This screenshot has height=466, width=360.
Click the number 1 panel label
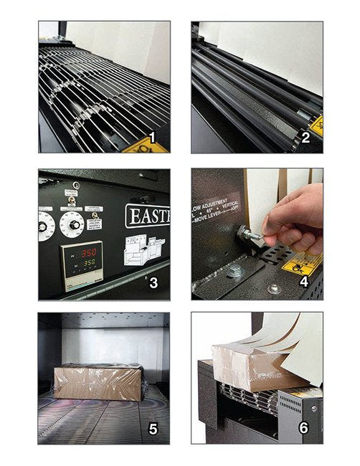pyautogui.click(x=151, y=137)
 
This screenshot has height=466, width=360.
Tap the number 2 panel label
pyautogui.click(x=304, y=137)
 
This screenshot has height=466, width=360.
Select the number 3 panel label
pyautogui.click(x=152, y=282)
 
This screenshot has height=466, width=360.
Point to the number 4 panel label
pyautogui.click(x=304, y=282)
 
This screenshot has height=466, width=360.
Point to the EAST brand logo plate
pyautogui.click(x=147, y=215)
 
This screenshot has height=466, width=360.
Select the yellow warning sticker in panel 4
pyautogui.click(x=302, y=263)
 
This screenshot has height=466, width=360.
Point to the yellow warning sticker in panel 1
pyautogui.click(x=143, y=146)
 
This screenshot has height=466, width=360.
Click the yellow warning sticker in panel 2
pyautogui.click(x=316, y=124)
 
